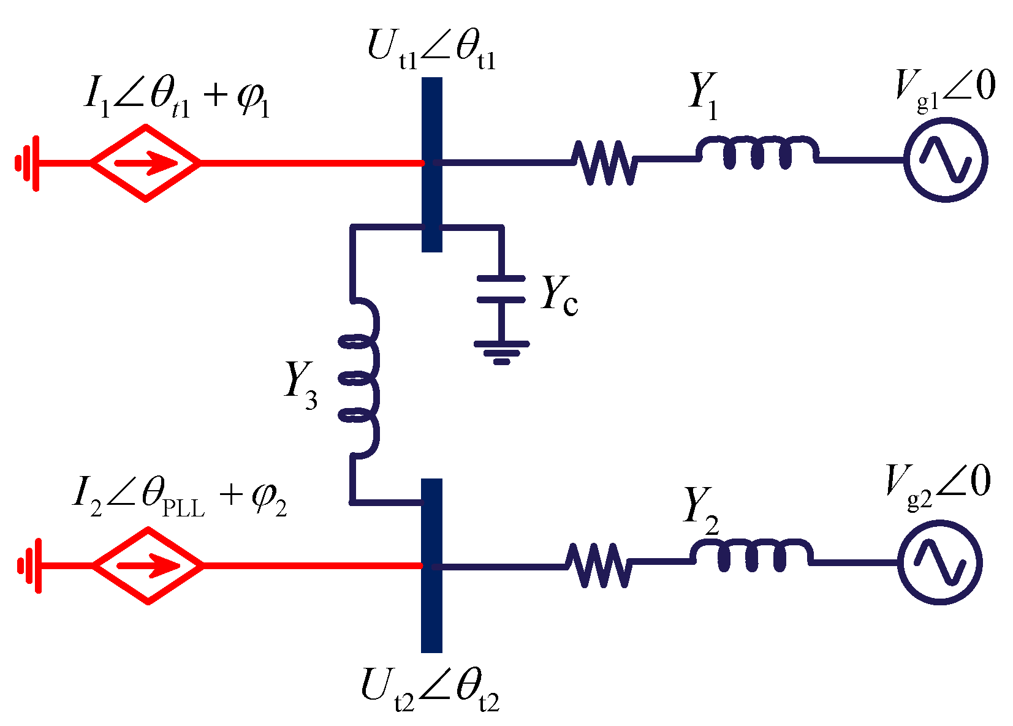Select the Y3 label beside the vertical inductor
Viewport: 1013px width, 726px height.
click(301, 385)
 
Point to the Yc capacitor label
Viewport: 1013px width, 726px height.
click(560, 297)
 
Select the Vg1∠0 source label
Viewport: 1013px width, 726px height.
click(944, 89)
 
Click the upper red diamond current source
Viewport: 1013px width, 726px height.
click(146, 163)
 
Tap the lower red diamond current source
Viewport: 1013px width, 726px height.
click(148, 565)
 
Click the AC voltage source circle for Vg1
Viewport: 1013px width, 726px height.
click(946, 160)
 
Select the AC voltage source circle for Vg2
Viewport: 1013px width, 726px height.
click(940, 562)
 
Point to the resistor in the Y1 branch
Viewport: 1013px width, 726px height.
click(604, 162)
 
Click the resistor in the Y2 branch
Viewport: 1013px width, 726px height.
click(598, 565)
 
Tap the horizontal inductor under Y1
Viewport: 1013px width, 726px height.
click(757, 153)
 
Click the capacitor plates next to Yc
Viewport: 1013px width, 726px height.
click(501, 289)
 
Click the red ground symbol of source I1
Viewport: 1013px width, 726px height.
click(28, 163)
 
